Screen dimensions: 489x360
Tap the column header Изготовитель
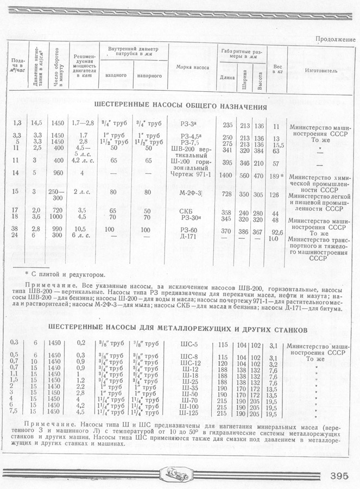coord(321,71)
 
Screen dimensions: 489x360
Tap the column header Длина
coord(228,77)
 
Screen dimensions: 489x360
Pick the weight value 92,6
coord(280,232)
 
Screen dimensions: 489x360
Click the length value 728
coord(227,195)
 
